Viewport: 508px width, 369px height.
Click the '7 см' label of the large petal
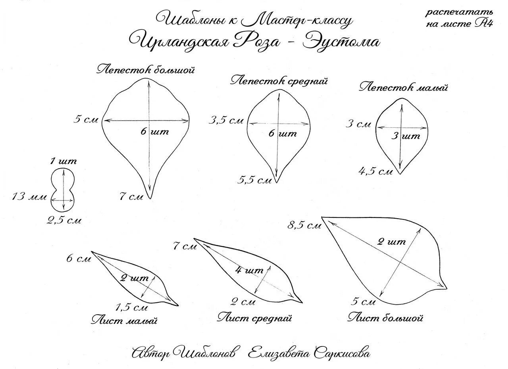131,196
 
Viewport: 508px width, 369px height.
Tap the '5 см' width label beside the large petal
85,119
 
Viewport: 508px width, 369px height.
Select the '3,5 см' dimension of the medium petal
226,120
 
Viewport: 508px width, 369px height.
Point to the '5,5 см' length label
255,180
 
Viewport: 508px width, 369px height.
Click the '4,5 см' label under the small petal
375,171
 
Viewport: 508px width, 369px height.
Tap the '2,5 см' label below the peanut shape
64,220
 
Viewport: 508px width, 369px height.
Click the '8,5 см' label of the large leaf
304,226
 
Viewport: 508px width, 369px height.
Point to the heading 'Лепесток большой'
146,70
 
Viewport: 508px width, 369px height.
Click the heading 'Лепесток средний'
279,81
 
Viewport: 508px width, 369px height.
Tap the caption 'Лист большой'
386,318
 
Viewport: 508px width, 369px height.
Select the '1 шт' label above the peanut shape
63,161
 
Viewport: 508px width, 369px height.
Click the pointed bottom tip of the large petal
150,197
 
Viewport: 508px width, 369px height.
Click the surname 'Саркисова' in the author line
342,352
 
